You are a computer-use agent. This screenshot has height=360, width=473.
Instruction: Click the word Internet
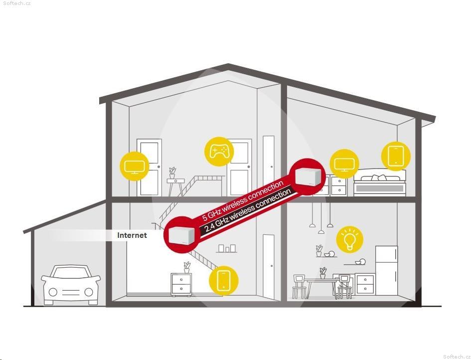pos(132,235)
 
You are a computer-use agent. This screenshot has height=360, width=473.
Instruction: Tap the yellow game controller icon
pos(219,152)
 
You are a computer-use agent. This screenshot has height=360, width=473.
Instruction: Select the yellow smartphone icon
pos(223,280)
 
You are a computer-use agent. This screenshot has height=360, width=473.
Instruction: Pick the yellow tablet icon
pos(396,156)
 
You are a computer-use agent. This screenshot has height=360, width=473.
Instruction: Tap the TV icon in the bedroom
pos(344,164)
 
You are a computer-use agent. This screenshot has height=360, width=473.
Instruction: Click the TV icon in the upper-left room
pos(134,166)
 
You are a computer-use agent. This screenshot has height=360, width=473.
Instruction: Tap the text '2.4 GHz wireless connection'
pos(248,210)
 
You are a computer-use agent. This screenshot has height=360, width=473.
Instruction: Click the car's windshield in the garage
pos(71,273)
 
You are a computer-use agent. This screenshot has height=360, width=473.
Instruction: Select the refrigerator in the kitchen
pos(386,270)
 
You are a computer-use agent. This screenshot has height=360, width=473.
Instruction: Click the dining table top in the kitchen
pos(321,280)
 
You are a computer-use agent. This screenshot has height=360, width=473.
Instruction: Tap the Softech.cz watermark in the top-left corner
pos(17,3)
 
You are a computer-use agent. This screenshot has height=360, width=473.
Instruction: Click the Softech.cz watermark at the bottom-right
pos(457,357)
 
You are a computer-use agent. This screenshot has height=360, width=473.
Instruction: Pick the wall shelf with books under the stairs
pos(227,249)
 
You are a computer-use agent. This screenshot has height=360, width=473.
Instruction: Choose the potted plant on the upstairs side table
pos(172,173)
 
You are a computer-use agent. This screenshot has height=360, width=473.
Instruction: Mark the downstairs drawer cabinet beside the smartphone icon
pos(181,284)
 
